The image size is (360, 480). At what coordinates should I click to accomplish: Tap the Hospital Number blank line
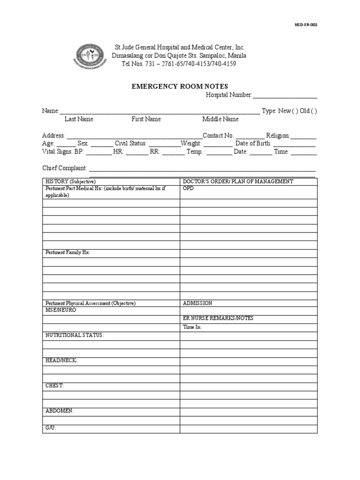point(285,96)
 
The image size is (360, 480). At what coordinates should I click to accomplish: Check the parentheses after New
point(296,111)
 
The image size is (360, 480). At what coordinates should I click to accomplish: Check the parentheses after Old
point(314,111)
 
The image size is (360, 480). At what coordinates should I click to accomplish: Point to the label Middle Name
point(220,119)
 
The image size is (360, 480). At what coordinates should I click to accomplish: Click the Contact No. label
point(218,135)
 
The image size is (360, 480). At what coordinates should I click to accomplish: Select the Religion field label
point(278,135)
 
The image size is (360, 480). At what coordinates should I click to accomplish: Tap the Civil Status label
point(131,143)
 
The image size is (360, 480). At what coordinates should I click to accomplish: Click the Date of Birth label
point(253,143)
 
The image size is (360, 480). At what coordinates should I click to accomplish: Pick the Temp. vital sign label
point(195,152)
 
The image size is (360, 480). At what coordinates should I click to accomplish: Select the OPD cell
point(188,188)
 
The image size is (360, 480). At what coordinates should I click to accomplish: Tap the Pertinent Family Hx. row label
point(67,252)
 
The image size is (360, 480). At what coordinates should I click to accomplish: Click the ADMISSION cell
point(197,303)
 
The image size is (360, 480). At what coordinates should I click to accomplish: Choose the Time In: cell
point(192,327)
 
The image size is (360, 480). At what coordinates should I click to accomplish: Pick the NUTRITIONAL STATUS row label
point(75,335)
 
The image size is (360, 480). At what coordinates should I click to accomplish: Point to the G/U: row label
point(51,428)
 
